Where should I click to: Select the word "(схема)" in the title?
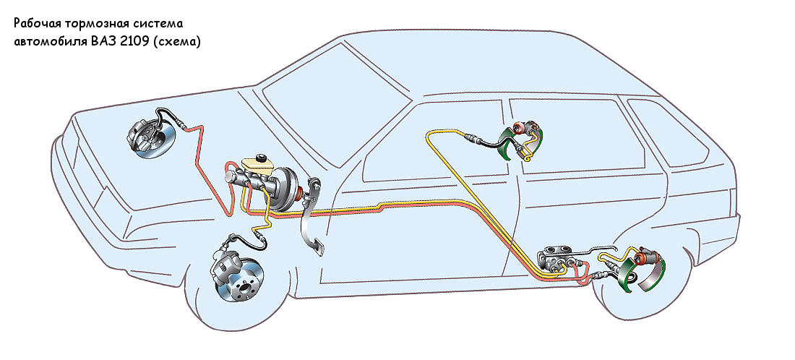click(181, 42)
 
